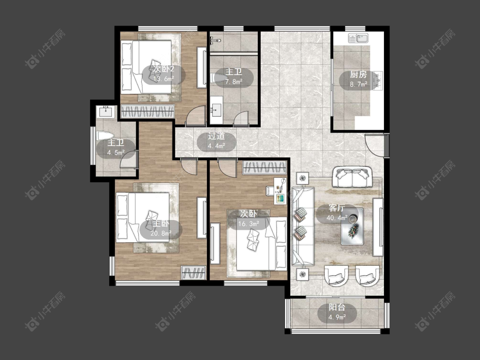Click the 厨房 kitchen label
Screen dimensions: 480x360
(x=358, y=74)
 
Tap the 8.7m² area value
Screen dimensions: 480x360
(x=358, y=84)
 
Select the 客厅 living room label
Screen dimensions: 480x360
(x=337, y=208)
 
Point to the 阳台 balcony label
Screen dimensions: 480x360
(x=337, y=308)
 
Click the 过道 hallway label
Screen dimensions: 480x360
(x=216, y=136)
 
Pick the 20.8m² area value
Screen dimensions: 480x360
(x=161, y=234)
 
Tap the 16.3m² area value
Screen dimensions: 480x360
(x=249, y=224)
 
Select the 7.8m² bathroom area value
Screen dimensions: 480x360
(x=233, y=82)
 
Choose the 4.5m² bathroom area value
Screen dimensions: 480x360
(x=116, y=152)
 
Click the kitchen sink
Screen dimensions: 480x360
(x=358, y=38)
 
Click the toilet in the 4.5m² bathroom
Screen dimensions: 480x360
(x=105, y=136)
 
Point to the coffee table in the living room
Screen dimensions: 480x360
(x=352, y=226)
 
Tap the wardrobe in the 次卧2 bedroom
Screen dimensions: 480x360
(x=148, y=111)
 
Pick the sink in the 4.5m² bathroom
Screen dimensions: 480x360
(x=106, y=112)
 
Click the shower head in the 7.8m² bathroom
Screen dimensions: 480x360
(x=215, y=40)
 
